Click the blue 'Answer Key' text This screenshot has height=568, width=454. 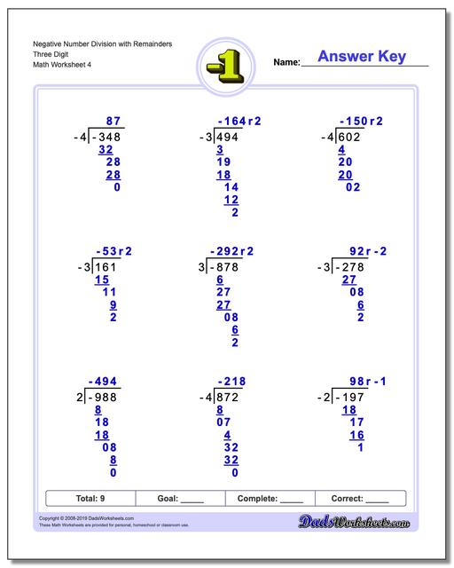[x=361, y=57]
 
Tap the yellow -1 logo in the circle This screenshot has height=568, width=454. [x=227, y=64]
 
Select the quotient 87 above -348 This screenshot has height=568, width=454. [x=113, y=122]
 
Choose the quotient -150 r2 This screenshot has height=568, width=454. [x=361, y=122]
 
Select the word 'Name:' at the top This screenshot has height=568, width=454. [x=286, y=62]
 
